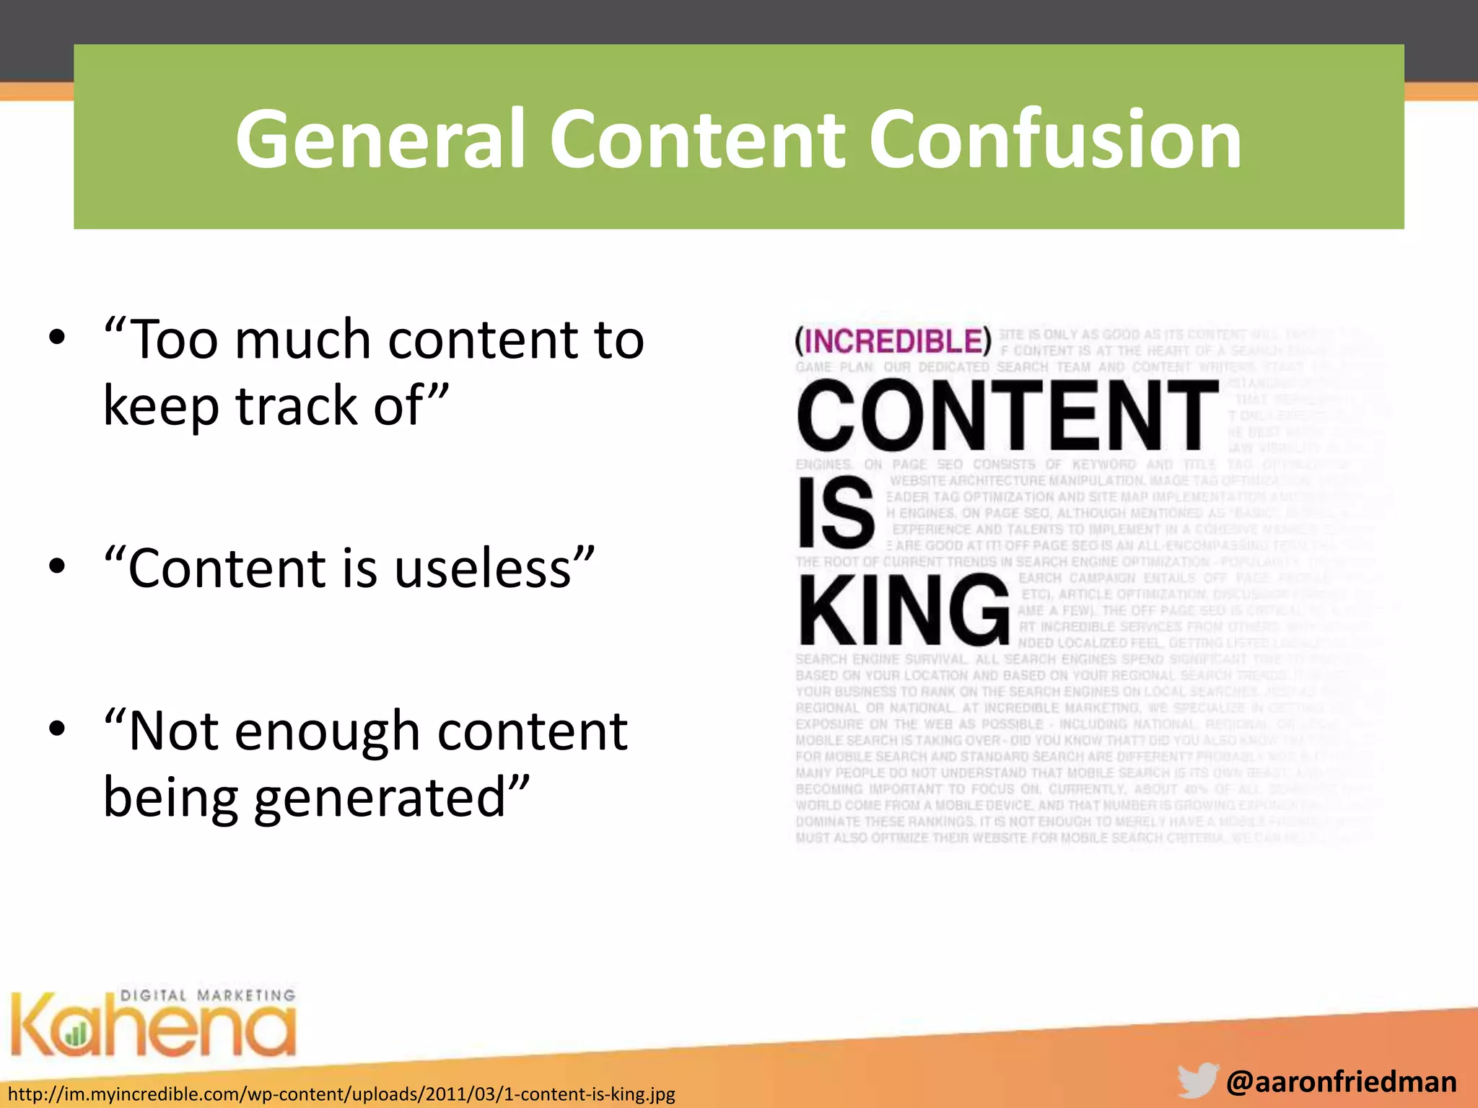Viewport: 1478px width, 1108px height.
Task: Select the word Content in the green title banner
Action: click(696, 138)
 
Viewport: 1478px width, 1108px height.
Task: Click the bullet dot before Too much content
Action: click(57, 338)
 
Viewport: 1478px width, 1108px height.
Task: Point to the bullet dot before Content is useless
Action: click(57, 566)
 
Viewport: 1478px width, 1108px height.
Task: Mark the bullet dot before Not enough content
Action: click(57, 729)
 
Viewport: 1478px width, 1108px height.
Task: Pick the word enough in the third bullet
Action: click(328, 731)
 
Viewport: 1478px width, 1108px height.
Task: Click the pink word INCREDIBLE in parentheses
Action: click(893, 341)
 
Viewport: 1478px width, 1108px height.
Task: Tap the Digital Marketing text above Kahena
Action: click(208, 995)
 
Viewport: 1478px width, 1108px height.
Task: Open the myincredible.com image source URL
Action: click(341, 1094)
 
